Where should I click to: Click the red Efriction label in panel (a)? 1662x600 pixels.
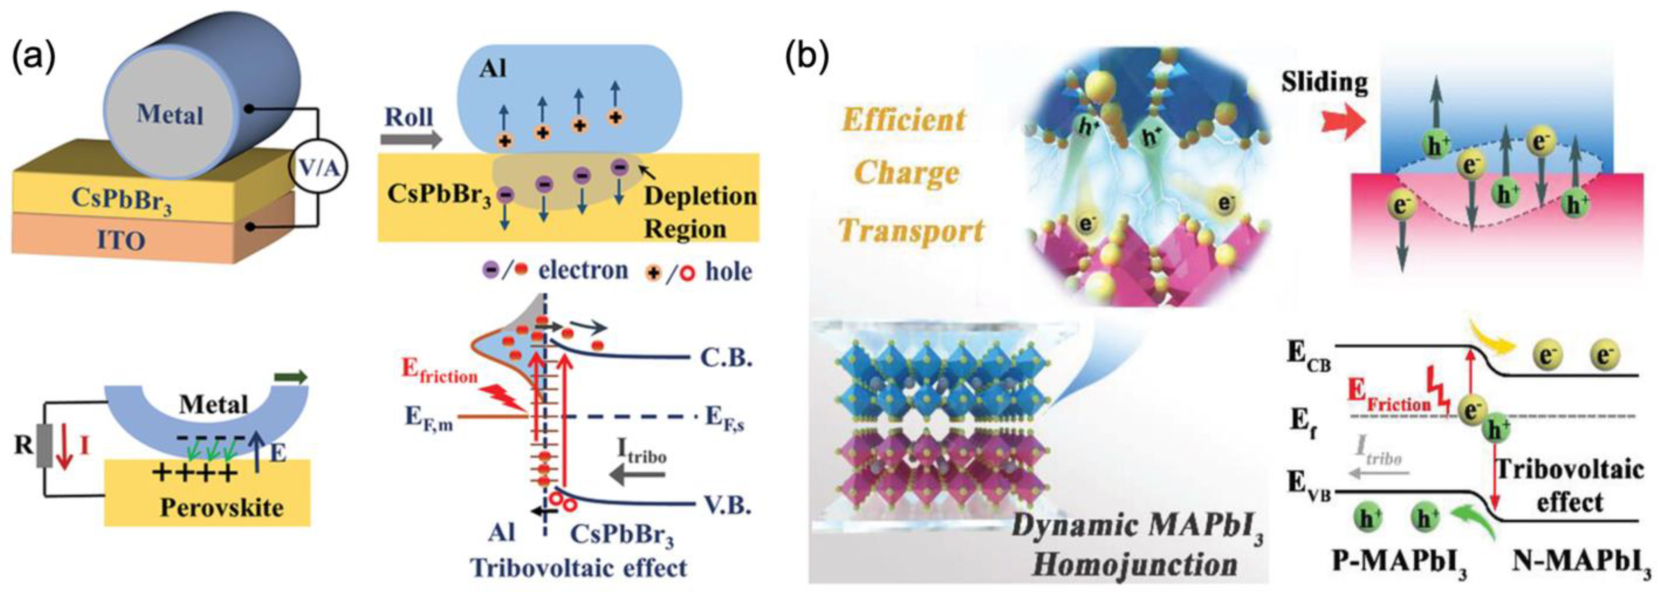[x=440, y=370]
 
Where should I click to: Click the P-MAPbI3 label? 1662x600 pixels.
[x=1399, y=563]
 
